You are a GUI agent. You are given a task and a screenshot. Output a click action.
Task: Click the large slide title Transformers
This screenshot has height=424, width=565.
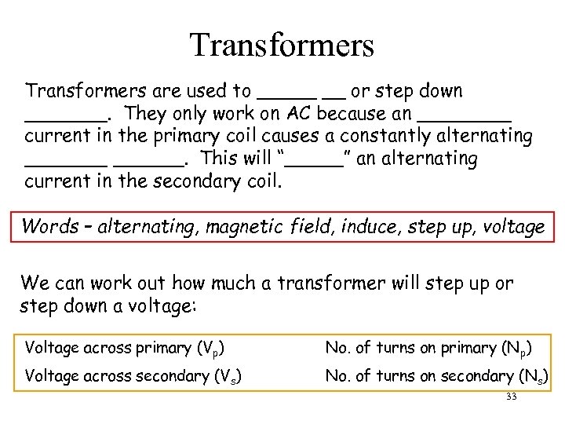click(282, 45)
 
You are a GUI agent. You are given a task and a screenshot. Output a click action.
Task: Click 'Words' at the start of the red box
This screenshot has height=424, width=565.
click(49, 227)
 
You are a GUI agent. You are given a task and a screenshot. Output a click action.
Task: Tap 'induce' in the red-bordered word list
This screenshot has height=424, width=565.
click(386, 227)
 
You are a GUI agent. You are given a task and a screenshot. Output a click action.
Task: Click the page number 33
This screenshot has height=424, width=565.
click(512, 397)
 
